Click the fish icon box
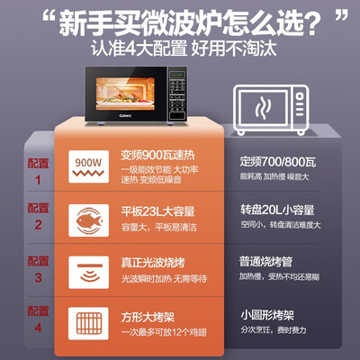[x=90, y=219]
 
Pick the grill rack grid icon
[x=90, y=325]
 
